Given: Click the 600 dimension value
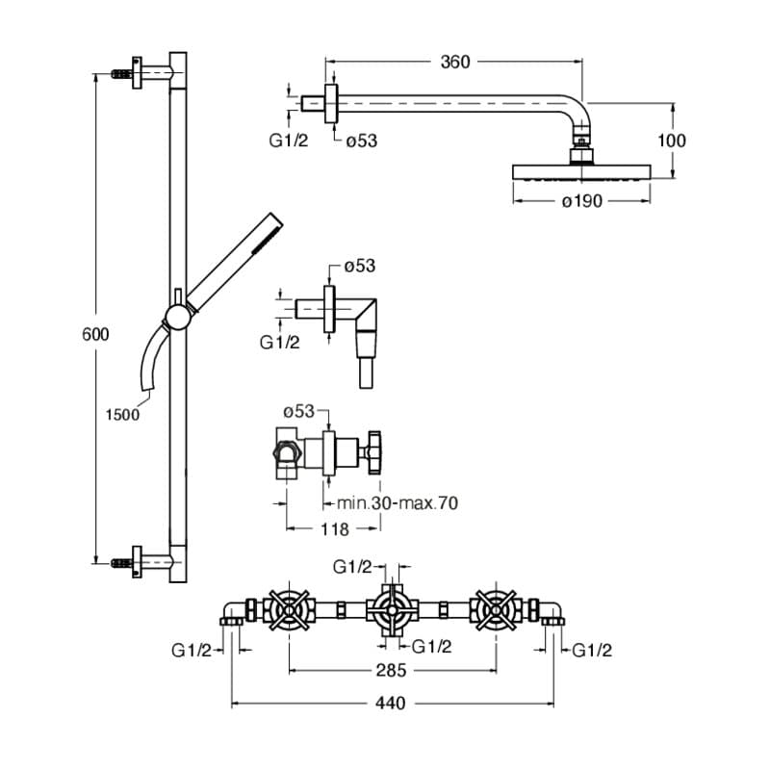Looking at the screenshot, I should pos(95,334).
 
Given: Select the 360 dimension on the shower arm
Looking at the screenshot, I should pos(454,63).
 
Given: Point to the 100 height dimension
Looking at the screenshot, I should pos(671,141).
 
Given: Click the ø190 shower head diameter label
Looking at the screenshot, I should pos(581,200).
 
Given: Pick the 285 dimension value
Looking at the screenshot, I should pos(392,670).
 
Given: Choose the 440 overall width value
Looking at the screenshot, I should pos(392,704).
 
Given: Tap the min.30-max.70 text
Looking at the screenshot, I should pos(398,502).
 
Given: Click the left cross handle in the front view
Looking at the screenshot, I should pos(290,608).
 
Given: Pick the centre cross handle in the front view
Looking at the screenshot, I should pos(392,608).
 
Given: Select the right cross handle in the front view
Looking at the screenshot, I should pos(496,608).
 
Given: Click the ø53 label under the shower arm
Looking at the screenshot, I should pos(361,141).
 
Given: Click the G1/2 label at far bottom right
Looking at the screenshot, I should pos(592,651).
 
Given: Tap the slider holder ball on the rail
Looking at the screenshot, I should pos(176,317).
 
